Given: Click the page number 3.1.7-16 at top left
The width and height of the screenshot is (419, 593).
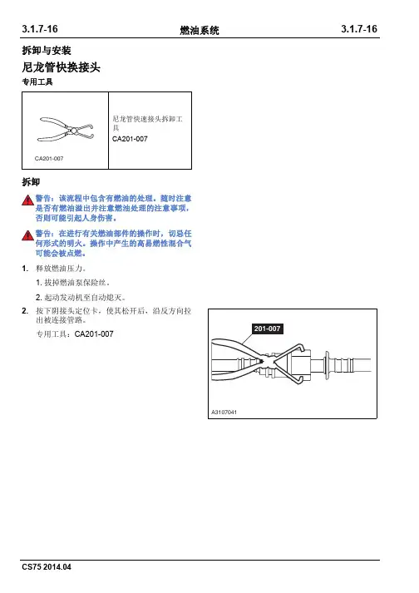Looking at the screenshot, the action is coord(40,29).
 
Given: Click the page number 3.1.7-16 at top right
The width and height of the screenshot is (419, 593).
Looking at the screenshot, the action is coord(359,29).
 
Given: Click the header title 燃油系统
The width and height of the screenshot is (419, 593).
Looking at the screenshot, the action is coord(200,30).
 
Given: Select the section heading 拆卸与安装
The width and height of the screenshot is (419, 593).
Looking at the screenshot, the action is coord(47,51).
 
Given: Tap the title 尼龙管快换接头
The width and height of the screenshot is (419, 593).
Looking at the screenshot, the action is coord(61,67).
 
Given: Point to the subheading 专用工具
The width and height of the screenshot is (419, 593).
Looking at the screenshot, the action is coord(37,82).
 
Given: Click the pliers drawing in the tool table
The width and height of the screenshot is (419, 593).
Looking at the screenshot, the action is coord(66,130).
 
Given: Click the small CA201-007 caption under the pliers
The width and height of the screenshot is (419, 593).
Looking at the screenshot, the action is coord(49,159).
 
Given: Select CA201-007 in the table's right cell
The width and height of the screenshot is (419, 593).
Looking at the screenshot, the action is coord(130,139).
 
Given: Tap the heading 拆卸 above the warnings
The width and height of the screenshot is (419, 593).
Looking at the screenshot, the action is coord(31,182).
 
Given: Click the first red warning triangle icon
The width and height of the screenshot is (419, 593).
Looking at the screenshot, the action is coord(27,200).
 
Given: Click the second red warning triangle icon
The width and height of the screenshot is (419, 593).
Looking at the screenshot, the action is coord(27,235).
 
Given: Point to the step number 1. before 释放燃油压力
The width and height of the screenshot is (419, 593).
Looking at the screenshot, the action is coord(25,269).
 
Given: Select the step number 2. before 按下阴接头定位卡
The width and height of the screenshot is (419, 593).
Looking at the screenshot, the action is coord(25,311).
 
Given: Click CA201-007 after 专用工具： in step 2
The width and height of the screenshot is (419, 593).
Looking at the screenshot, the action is coord(94,334).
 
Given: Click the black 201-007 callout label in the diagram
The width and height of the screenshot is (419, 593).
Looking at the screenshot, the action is coord(267,329).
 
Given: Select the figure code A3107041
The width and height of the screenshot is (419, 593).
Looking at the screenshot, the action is coord(224,413).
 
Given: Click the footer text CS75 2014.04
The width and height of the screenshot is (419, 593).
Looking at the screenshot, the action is coord(47,567).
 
